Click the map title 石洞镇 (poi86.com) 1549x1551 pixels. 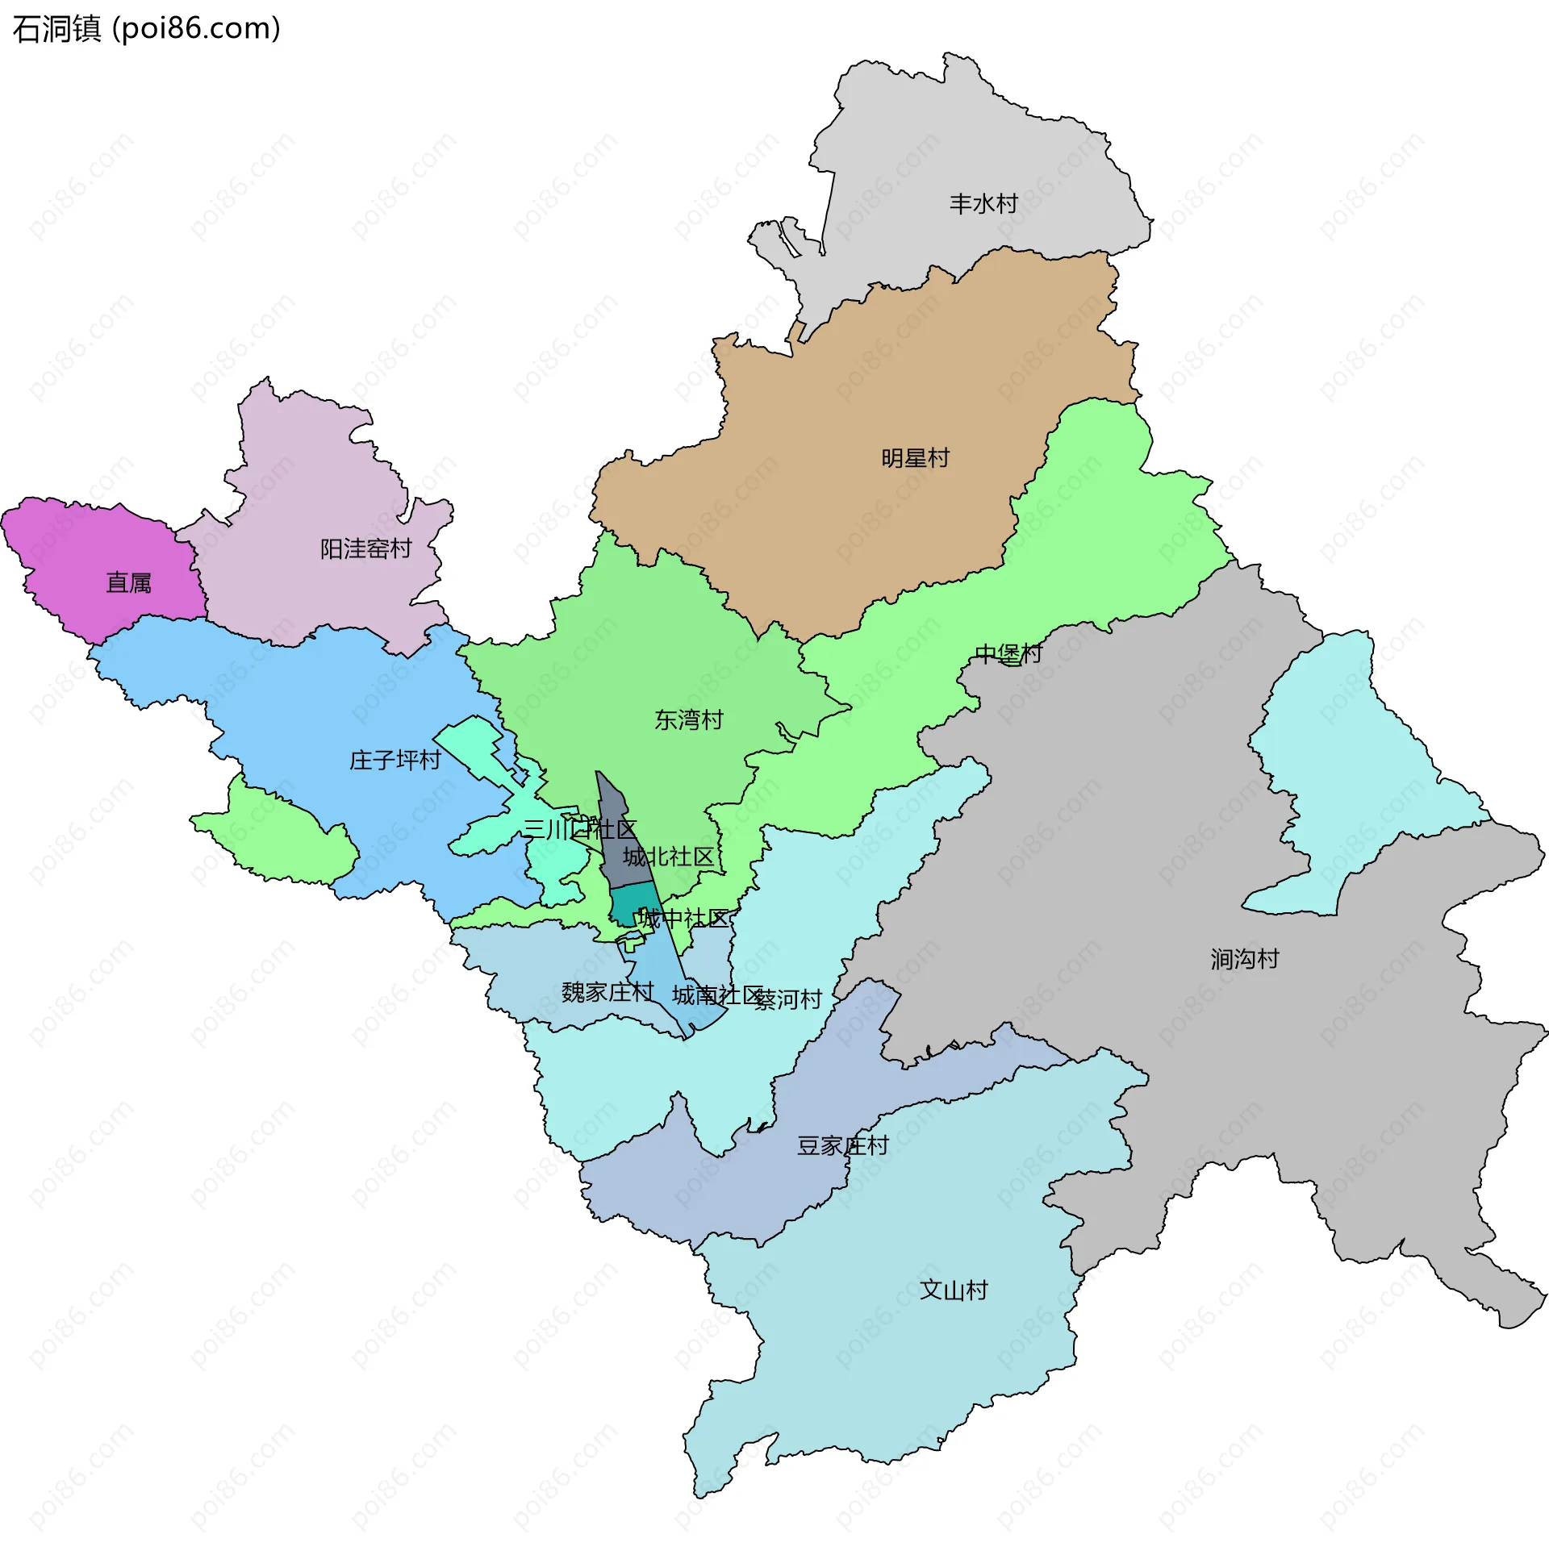[x=147, y=29]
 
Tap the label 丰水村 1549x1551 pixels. [x=983, y=204]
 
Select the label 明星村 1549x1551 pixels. [x=915, y=459]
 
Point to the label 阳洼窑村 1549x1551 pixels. [x=365, y=549]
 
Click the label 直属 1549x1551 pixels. [x=129, y=583]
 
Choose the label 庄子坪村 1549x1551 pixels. [x=395, y=761]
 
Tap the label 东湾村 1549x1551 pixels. [x=688, y=720]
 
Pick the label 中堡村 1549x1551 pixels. [x=1008, y=654]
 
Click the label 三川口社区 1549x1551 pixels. [x=579, y=829]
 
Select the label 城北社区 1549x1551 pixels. [x=668, y=857]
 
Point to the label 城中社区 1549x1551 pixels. [x=683, y=919]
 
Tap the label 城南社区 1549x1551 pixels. [x=717, y=995]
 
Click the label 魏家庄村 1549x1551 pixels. [x=607, y=992]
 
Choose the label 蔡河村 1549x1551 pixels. [x=788, y=1000]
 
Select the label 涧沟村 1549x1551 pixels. [x=1244, y=960]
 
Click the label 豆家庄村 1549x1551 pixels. [x=842, y=1146]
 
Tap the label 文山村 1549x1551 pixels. [x=954, y=1290]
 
